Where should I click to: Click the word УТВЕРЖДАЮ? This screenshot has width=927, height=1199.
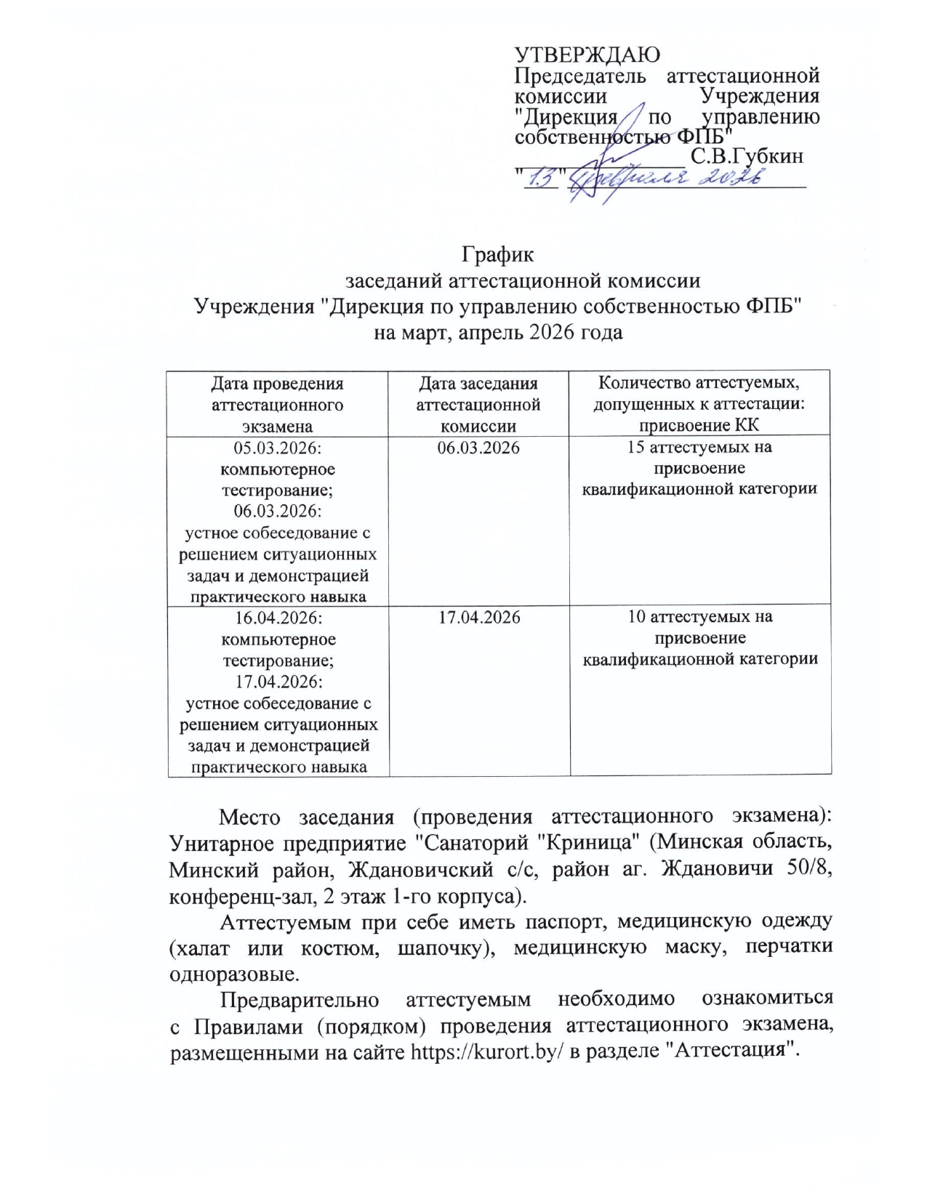coord(587,55)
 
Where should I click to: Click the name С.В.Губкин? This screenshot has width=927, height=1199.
coord(747,156)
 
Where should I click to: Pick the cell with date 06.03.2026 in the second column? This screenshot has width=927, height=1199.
coord(478,448)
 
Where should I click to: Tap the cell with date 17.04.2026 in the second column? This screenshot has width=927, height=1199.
coord(478,618)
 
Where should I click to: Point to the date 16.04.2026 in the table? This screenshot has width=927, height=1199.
coord(278,618)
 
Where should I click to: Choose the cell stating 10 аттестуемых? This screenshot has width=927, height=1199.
coord(700,638)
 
